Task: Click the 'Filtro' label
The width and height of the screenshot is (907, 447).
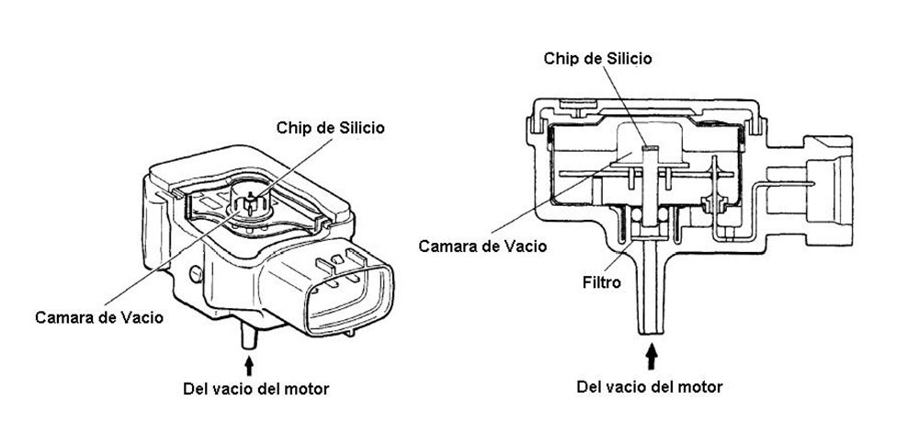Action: coord(601,282)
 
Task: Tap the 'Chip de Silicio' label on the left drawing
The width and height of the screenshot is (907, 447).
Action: coord(330,127)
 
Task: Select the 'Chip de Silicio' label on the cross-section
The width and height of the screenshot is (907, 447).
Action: coord(597,59)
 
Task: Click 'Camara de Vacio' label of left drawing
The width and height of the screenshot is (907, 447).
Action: coord(99,317)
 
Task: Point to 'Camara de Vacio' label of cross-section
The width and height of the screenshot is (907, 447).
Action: coord(482,246)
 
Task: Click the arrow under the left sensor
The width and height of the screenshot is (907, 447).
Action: coord(249,366)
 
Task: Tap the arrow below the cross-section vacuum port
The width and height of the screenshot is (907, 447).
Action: coord(652,356)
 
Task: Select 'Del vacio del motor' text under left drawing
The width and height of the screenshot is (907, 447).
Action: coord(255,388)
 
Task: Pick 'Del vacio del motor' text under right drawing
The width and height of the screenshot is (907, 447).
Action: coord(650,387)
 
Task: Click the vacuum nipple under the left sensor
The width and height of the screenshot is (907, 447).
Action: coord(249,337)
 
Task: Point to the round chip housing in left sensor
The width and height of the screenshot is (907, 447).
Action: coord(252,201)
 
